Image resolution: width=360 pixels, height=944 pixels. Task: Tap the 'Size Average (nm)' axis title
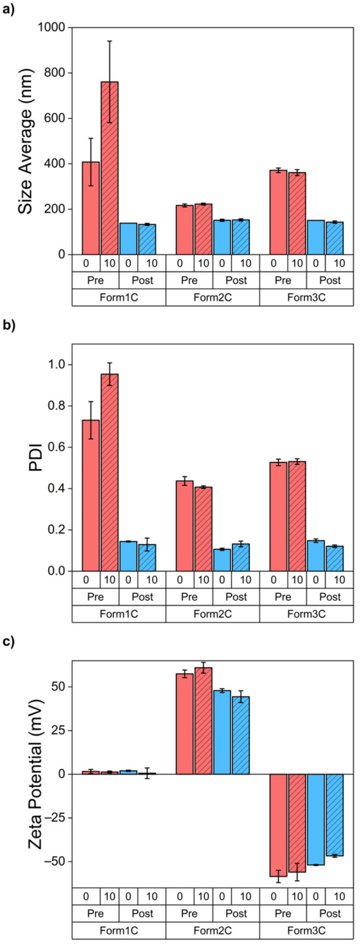[x=26, y=141]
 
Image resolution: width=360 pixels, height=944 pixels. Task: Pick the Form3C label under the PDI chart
[x=306, y=614]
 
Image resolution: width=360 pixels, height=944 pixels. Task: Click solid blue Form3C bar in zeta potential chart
[x=316, y=819]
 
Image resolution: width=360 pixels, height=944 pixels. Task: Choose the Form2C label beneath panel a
[x=212, y=297]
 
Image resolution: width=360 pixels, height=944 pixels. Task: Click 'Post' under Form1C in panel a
[x=142, y=280]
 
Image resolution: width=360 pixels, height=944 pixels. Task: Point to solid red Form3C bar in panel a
[x=278, y=213]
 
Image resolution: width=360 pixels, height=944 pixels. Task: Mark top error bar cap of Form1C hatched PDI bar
[x=110, y=363]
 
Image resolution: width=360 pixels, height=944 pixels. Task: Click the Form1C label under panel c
[x=119, y=930]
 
